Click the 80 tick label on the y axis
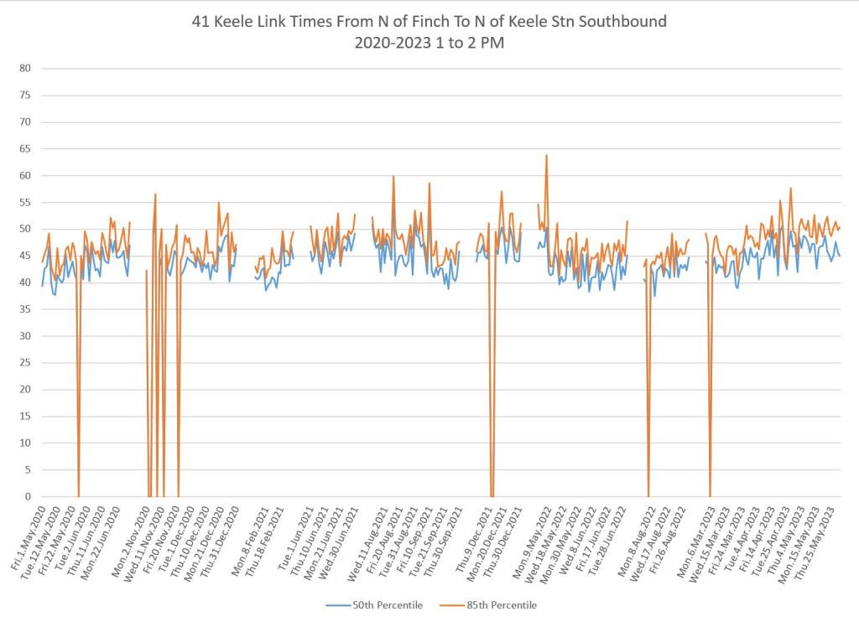pyautogui.click(x=24, y=68)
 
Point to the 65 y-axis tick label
pyautogui.click(x=24, y=148)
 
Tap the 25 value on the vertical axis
pyautogui.click(x=24, y=362)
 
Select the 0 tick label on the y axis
pyautogui.click(x=27, y=496)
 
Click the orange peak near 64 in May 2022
pyautogui.click(x=547, y=155)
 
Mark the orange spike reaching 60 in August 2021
pyautogui.click(x=393, y=177)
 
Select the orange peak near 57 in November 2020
pyautogui.click(x=155, y=194)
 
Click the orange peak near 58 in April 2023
pyautogui.click(x=790, y=189)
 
